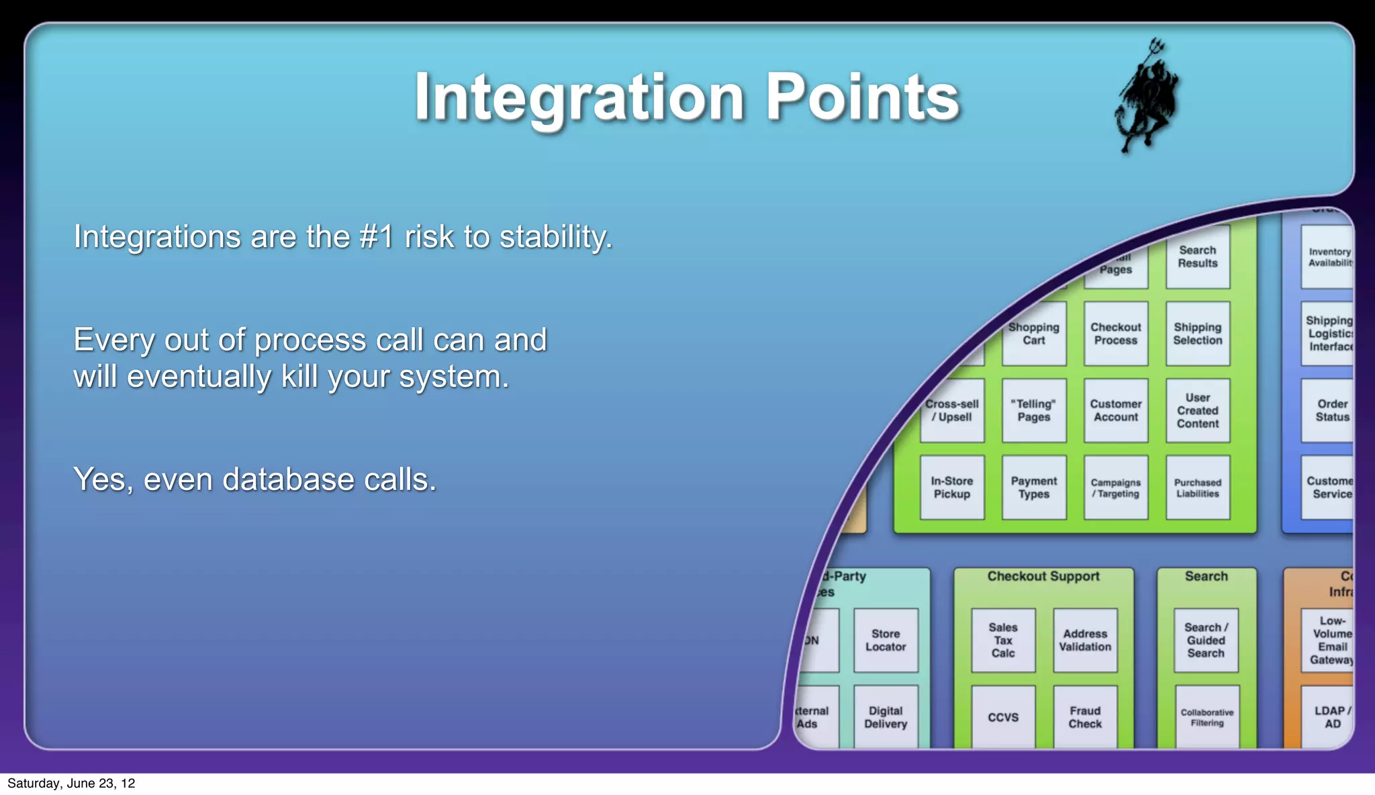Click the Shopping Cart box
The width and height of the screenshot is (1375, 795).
(1034, 334)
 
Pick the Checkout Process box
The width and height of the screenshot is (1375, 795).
(1116, 334)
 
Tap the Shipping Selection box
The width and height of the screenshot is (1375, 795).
(1198, 334)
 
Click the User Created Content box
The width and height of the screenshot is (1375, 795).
(1198, 410)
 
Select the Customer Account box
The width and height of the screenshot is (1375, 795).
(1116, 410)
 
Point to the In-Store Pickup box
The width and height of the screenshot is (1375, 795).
(952, 487)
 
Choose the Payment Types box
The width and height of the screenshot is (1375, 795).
(1034, 487)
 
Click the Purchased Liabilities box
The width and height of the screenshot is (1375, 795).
(1198, 487)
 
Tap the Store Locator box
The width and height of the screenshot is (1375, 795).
(886, 640)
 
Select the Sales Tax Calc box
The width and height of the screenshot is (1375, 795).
(1003, 640)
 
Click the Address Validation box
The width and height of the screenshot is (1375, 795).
(1085, 640)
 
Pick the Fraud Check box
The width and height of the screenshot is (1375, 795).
(1085, 716)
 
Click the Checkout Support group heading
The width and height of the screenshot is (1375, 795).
(1043, 576)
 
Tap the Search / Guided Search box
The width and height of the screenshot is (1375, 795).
(1206, 640)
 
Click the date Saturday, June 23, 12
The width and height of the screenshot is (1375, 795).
(71, 784)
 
